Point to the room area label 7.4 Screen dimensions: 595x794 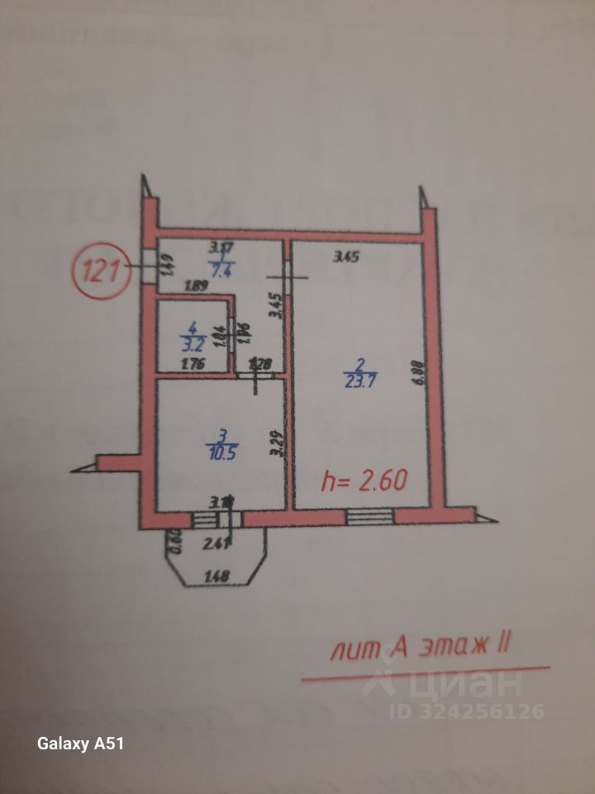pos(221,268)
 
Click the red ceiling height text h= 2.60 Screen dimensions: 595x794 pos(364,481)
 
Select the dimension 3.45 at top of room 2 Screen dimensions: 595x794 pos(346,256)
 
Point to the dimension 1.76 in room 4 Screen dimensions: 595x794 pos(191,363)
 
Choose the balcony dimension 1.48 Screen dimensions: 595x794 pos(216,576)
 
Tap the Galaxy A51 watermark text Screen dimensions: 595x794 pos(80,744)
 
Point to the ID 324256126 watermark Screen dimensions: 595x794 pos(467,710)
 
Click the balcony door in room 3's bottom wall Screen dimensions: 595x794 pos(217,519)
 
